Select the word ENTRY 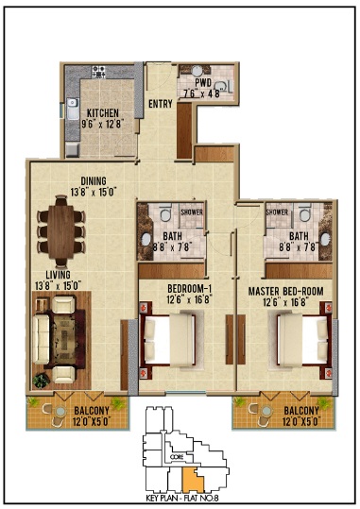click(x=160, y=104)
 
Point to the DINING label click(x=94, y=181)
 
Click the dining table click(x=61, y=232)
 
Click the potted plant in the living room click(x=41, y=380)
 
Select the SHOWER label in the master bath click(x=277, y=212)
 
